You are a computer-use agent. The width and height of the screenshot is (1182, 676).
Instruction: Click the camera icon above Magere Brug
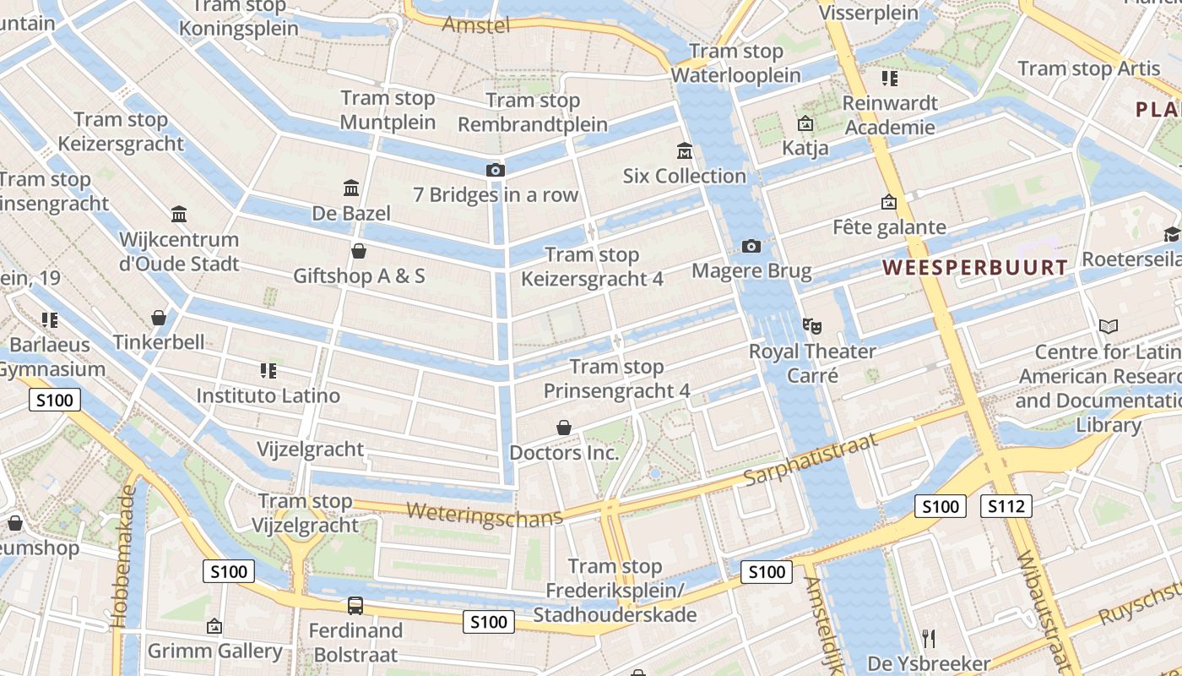click(x=751, y=246)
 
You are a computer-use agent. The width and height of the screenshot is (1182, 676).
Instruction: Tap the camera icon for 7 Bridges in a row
click(x=496, y=170)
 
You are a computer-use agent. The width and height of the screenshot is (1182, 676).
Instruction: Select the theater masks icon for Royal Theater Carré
click(x=812, y=325)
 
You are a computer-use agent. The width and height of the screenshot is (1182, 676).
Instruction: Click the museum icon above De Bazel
click(x=351, y=188)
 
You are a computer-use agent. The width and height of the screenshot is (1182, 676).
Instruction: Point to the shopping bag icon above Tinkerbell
click(x=159, y=318)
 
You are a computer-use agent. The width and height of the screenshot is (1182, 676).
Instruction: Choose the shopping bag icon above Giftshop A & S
click(x=359, y=251)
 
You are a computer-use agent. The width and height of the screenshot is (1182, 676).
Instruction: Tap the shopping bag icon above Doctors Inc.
click(x=564, y=428)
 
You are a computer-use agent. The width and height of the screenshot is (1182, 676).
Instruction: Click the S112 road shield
click(x=1006, y=506)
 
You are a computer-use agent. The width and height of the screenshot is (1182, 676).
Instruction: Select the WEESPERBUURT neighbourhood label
click(x=975, y=268)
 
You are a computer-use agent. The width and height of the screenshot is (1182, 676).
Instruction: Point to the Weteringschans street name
click(x=484, y=514)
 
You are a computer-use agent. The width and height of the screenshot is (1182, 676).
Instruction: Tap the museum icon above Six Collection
click(x=685, y=151)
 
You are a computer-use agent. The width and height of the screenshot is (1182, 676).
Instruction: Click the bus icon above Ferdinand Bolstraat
click(x=355, y=605)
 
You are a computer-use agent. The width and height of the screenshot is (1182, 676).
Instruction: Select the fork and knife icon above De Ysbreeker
click(x=929, y=638)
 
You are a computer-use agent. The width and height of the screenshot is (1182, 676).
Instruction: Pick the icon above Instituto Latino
click(x=268, y=370)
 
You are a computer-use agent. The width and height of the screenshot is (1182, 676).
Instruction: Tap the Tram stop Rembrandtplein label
click(x=533, y=112)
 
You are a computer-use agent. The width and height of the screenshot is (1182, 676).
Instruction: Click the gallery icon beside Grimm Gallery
click(x=214, y=626)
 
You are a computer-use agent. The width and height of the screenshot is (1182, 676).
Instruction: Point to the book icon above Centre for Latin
click(x=1109, y=326)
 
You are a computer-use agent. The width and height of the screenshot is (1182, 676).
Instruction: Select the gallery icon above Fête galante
click(x=888, y=202)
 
